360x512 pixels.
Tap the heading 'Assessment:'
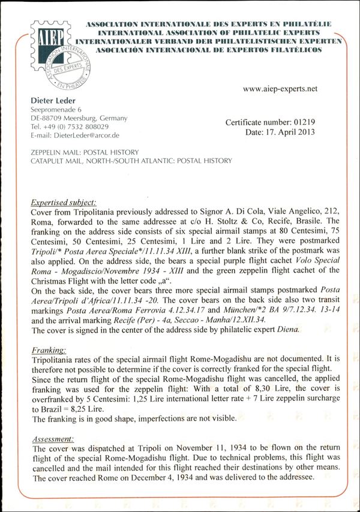54,438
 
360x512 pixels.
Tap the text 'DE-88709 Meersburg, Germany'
79,118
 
